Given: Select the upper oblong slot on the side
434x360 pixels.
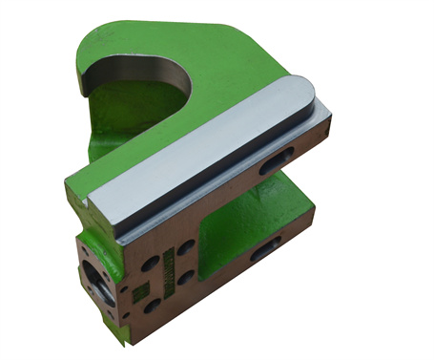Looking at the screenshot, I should click(280, 158).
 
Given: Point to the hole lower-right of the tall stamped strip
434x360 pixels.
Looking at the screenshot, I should click(187, 277).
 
